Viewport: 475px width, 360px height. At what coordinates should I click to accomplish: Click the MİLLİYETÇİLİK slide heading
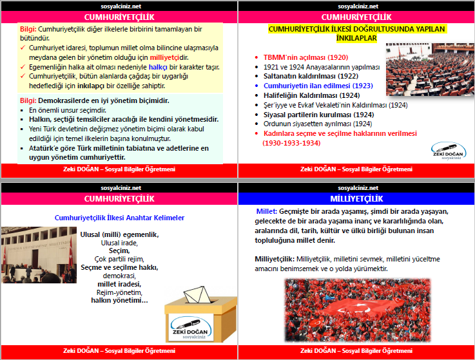(356, 198)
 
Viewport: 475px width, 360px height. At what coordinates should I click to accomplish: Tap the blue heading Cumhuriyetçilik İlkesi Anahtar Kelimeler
(119, 218)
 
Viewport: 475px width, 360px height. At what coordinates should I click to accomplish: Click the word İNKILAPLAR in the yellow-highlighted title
(356, 38)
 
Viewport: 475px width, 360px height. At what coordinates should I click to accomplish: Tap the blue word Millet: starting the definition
(266, 212)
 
